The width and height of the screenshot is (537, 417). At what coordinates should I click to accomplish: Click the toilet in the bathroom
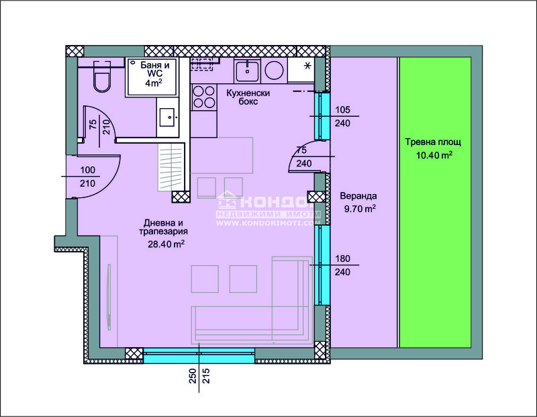[x=102, y=77]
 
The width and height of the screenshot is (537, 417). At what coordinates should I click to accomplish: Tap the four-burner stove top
[x=204, y=97]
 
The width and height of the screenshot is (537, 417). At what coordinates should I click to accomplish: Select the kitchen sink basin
[x=247, y=71]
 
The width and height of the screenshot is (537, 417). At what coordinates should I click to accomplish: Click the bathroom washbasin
[x=167, y=118]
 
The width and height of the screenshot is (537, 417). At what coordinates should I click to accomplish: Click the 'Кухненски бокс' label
[x=248, y=97]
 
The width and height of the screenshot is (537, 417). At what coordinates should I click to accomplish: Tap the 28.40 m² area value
[x=166, y=244]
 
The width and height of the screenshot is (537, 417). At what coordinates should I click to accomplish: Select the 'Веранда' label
[x=358, y=196]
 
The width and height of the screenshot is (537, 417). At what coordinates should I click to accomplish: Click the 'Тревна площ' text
[x=433, y=142]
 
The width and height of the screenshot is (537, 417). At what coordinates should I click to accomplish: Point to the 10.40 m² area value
[x=434, y=155]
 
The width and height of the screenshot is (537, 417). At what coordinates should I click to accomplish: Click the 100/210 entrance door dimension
[x=88, y=177]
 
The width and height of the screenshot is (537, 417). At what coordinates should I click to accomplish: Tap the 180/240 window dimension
[x=342, y=265]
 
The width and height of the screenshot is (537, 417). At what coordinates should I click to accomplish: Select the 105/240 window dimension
[x=342, y=116]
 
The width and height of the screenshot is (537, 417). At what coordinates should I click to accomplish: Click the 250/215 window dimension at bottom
[x=199, y=376]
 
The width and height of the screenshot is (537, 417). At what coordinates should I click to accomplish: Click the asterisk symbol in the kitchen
[x=307, y=65]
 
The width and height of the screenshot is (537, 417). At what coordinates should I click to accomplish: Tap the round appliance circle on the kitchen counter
[x=274, y=71]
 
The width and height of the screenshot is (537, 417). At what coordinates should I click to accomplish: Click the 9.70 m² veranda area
[x=360, y=208]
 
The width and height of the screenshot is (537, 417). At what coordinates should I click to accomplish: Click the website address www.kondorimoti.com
[x=269, y=223]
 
